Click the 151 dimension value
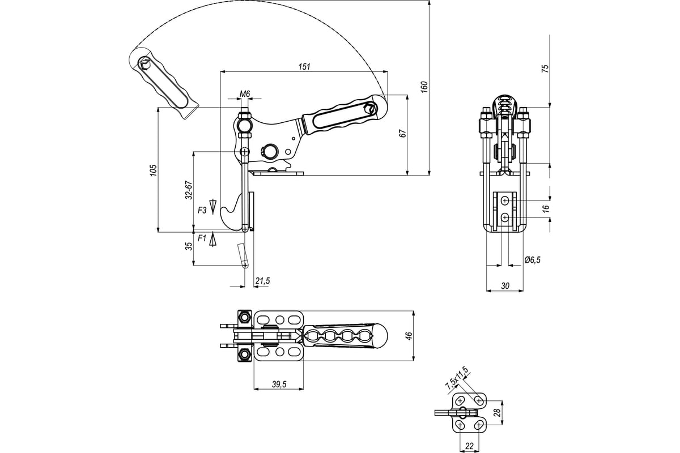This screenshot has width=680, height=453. (304, 66)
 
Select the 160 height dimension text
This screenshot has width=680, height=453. (424, 86)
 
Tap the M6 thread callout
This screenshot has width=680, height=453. (245, 93)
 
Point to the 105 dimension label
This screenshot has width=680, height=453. (152, 170)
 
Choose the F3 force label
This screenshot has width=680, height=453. (202, 210)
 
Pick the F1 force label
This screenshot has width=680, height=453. (202, 240)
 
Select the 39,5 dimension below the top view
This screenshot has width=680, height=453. (278, 384)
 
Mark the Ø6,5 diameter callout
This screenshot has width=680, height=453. (533, 259)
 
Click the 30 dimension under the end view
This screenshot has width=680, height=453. (505, 287)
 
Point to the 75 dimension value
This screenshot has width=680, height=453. (545, 69)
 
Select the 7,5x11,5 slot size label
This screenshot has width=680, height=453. (457, 378)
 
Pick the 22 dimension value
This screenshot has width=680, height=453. (469, 446)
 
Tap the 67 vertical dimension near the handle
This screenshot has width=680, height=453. (402, 134)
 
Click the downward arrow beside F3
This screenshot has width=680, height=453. (213, 206)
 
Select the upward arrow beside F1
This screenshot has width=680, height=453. (213, 240)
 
